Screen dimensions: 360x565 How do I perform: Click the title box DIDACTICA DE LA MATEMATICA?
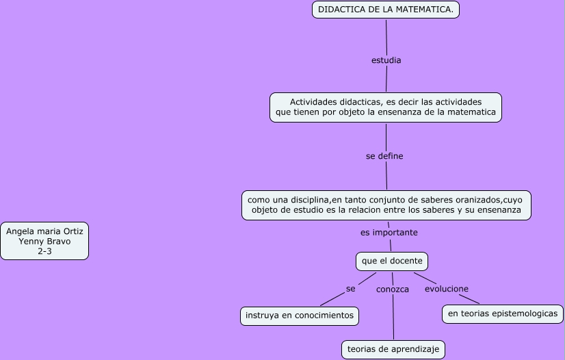(x=386, y=10)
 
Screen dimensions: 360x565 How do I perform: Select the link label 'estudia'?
(x=386, y=60)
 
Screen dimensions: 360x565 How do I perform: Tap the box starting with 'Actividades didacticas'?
(x=386, y=107)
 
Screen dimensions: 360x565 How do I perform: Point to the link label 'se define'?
(x=384, y=156)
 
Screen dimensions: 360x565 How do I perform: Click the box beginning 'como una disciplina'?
(x=386, y=205)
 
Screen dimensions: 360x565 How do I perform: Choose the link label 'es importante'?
(x=389, y=233)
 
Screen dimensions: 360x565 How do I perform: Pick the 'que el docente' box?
(x=392, y=261)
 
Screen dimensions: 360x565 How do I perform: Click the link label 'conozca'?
(x=393, y=290)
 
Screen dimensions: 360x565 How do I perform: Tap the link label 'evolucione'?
(x=447, y=289)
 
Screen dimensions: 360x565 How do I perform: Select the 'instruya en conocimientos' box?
(x=300, y=316)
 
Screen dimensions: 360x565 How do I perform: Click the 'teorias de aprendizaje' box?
(x=393, y=349)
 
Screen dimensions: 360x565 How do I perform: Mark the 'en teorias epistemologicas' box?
(x=502, y=314)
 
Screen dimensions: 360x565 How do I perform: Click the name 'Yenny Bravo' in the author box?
(x=44, y=242)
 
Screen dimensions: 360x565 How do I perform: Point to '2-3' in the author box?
(x=44, y=252)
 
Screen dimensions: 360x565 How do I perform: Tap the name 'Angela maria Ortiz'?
(x=44, y=231)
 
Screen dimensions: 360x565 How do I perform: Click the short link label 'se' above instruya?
(x=350, y=289)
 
